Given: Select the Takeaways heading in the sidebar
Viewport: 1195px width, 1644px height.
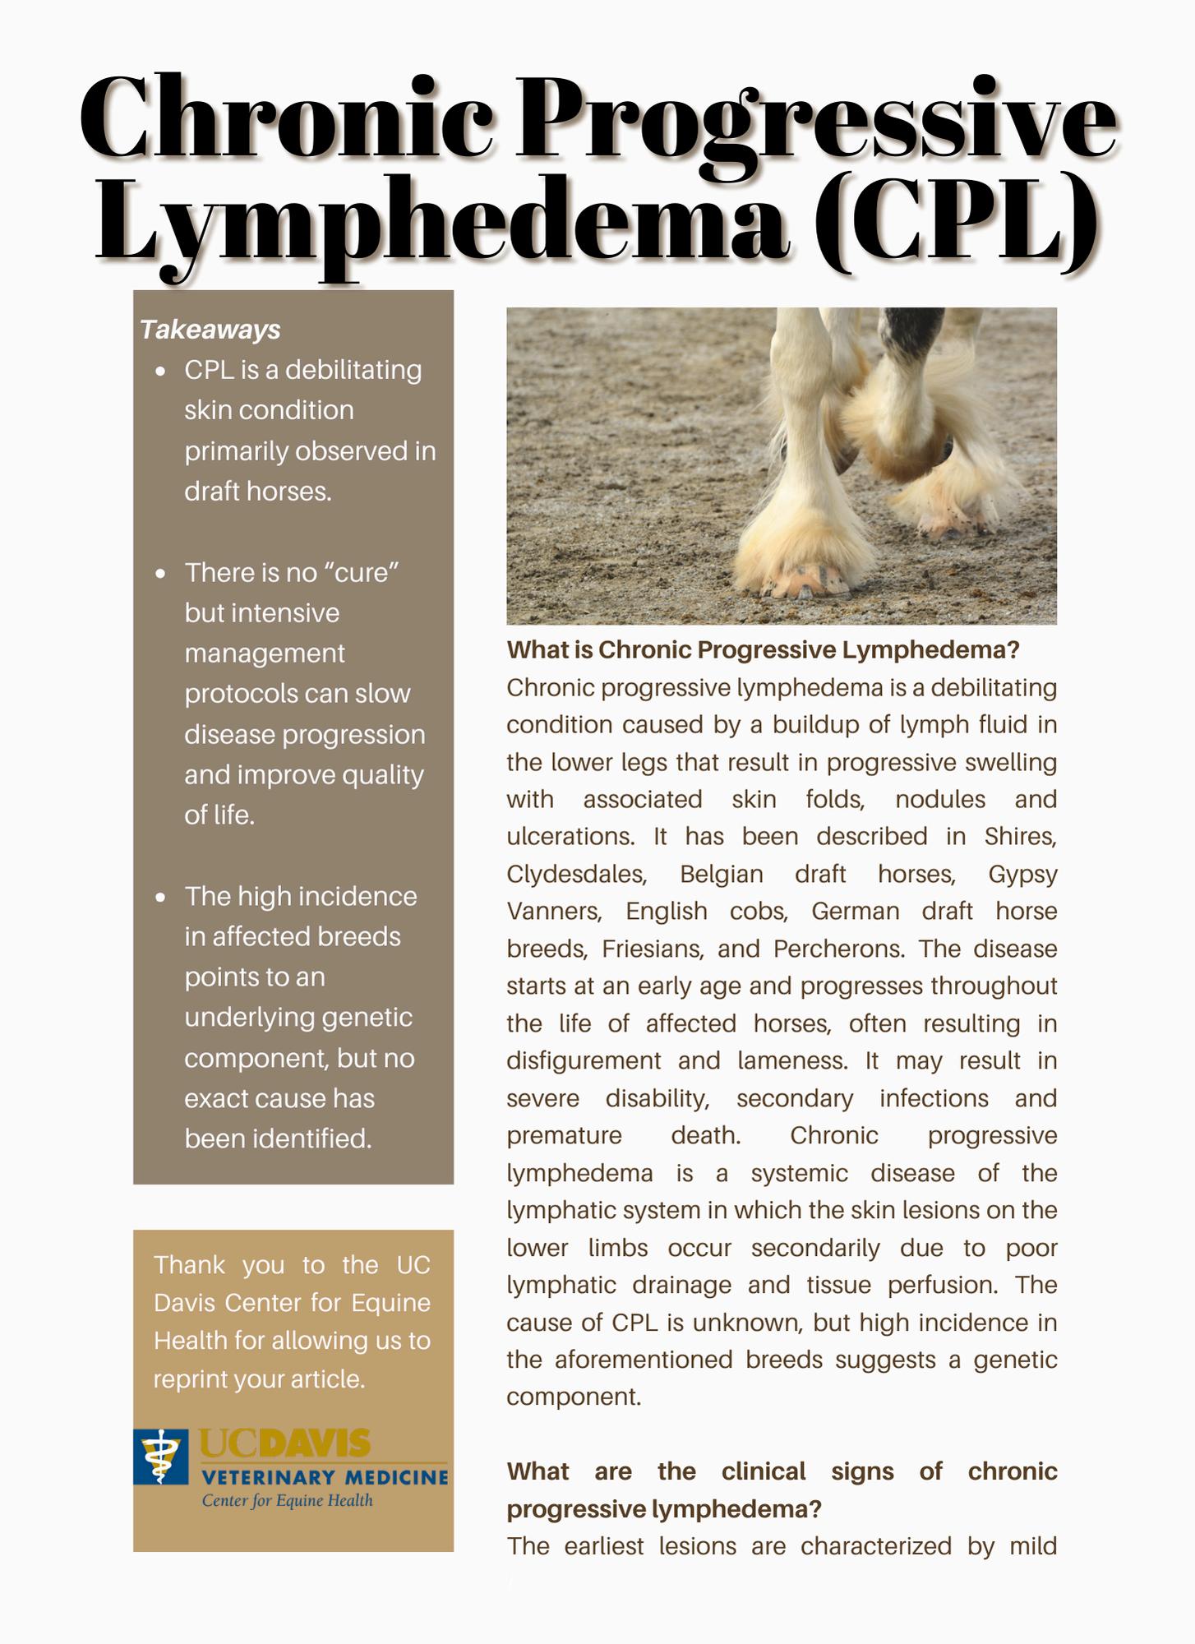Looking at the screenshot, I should point(210,330).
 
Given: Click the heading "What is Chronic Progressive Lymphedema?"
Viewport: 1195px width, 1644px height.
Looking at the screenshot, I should point(763,650).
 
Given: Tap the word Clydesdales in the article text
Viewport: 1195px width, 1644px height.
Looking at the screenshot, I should point(576,874).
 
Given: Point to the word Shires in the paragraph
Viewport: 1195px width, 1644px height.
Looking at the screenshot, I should point(1020,837).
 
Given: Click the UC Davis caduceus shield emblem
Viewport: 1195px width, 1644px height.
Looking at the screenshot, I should point(161,1456).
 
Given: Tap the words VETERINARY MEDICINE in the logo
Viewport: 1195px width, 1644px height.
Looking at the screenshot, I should point(325,1477).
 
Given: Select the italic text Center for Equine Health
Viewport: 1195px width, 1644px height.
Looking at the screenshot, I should point(287,1501).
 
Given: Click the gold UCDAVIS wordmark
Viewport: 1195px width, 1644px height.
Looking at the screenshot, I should point(284,1445).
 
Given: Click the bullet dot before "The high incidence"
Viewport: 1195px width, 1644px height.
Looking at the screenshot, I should point(160,897).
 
